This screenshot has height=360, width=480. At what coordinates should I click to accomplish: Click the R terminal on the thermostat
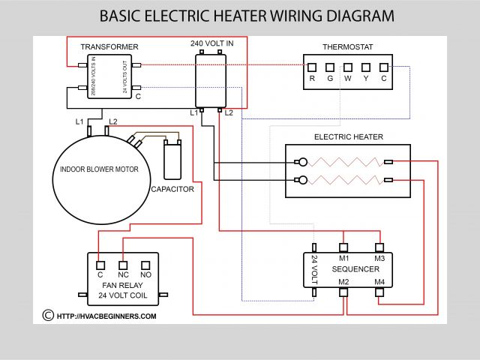[x=312, y=67]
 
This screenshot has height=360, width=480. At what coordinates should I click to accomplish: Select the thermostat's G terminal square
[x=330, y=67]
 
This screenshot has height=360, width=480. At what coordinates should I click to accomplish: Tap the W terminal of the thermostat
[x=348, y=67]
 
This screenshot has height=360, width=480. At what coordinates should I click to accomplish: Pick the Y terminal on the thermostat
[x=366, y=67]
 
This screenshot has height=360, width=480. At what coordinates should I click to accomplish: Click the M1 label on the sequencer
[x=343, y=257]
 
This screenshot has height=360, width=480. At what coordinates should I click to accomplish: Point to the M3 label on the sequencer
[x=379, y=257]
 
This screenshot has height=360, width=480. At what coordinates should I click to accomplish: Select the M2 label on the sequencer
[x=343, y=281]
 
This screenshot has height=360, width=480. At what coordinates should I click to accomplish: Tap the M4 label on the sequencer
[x=379, y=281]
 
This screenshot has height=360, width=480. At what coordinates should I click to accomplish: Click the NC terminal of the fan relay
[x=123, y=264]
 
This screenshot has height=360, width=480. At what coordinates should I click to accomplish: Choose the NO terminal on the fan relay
[x=146, y=264]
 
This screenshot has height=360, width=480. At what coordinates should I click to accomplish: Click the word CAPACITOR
[x=172, y=190]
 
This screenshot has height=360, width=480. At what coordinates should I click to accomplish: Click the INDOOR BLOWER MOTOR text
[x=100, y=169]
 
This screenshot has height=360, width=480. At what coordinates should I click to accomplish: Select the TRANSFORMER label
[x=109, y=47]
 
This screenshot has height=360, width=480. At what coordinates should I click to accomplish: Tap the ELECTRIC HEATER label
[x=348, y=137]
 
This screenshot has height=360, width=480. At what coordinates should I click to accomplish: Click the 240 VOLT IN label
[x=211, y=43]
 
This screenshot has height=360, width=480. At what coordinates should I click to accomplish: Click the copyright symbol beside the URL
[x=48, y=316]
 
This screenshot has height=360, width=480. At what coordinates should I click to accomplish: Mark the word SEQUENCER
[x=355, y=269]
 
